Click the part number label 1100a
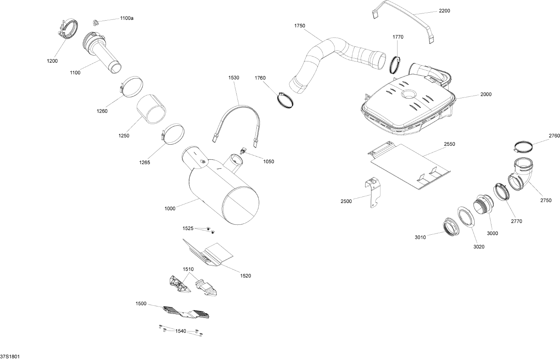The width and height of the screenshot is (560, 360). click(x=126, y=18)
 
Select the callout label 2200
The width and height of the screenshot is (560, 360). click(x=444, y=11)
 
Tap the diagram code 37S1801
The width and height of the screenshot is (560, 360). click(x=10, y=356)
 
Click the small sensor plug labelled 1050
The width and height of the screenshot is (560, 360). click(x=244, y=151)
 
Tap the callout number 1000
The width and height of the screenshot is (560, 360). click(x=170, y=209)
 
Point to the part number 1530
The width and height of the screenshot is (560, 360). click(x=234, y=78)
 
